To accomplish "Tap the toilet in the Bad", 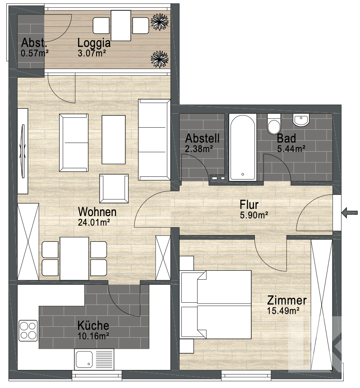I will (274, 124).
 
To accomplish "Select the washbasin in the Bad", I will (301, 120).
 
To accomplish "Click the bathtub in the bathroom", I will (243, 147).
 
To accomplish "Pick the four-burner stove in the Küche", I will (28, 330).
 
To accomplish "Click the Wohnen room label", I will (97, 212).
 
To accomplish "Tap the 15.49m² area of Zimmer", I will (283, 310).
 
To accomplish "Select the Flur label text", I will (249, 205).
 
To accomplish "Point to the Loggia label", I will (94, 43).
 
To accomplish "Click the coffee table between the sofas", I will (113, 139).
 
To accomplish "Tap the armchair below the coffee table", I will (114, 188).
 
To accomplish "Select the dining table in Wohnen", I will (74, 258).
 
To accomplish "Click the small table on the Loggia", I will (121, 25).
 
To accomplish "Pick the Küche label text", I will (93, 325).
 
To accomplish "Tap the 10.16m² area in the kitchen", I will (93, 336).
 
